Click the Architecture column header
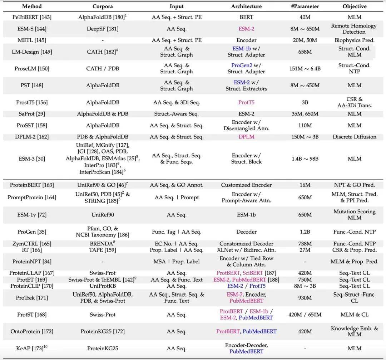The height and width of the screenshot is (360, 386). click(246, 6)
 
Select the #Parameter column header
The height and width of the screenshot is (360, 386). click(305, 6)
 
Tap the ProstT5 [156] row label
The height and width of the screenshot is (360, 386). click(32, 102)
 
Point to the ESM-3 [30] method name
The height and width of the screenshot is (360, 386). click(32, 159)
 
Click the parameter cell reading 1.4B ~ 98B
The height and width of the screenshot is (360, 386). click(305, 159)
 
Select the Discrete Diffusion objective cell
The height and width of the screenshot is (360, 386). click(354, 137)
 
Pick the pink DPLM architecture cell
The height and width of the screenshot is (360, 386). click(246, 137)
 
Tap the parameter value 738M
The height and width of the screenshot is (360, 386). click(305, 243)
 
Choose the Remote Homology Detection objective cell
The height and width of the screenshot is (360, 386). click(353, 29)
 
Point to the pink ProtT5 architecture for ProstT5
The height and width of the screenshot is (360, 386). click(246, 102)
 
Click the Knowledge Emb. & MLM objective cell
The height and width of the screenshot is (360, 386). click(354, 331)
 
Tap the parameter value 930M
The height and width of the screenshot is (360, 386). click(305, 298)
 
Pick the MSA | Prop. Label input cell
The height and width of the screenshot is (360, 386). click(177, 262)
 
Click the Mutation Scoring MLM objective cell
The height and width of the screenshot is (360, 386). click(354, 215)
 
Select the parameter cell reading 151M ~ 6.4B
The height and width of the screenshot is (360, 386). click(305, 68)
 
